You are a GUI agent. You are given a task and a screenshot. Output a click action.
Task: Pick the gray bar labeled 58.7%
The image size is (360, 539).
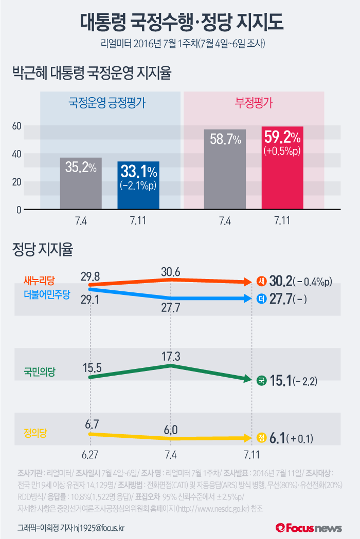point(225,169)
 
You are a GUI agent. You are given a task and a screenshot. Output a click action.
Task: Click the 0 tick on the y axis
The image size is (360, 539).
point(18,210)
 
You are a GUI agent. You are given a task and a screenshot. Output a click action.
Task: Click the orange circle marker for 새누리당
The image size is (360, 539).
point(262,281)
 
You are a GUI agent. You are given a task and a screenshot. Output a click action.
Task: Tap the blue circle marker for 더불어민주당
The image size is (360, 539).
point(262,299)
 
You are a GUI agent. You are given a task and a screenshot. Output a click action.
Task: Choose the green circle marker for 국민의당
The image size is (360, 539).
point(262,381)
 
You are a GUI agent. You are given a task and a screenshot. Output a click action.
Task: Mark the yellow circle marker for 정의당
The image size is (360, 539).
point(262,438)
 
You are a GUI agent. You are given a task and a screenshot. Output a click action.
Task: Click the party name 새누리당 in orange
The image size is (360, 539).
point(39,280)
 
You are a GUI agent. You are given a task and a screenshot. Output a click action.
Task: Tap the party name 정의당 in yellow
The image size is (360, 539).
point(35,433)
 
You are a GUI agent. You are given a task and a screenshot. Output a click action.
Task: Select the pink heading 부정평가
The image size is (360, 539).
point(254,102)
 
